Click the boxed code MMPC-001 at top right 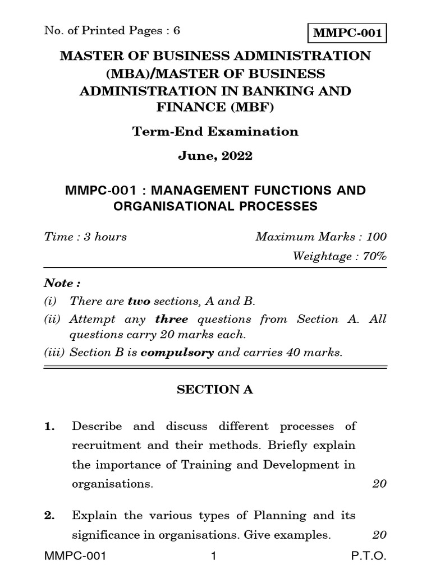[x=347, y=33]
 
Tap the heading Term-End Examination [x=215, y=132]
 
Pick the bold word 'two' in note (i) [x=139, y=302]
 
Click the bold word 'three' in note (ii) [x=172, y=320]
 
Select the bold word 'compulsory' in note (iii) [x=177, y=353]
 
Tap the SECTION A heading [x=215, y=390]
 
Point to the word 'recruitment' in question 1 [x=102, y=446]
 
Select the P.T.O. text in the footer [x=371, y=557]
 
